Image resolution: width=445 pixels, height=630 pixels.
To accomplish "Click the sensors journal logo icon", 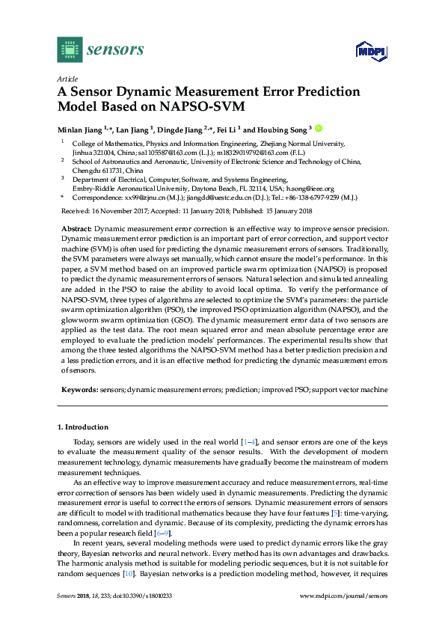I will tap(70, 49).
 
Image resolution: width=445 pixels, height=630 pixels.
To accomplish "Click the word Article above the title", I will tap(67, 79).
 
